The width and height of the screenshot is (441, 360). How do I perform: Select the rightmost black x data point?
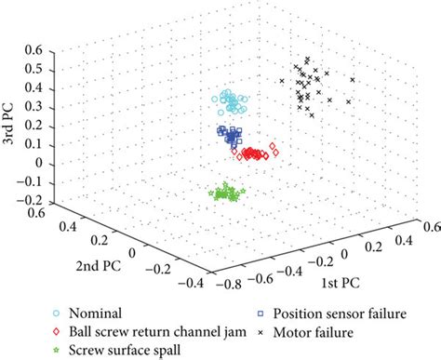pyautogui.click(x=351, y=101)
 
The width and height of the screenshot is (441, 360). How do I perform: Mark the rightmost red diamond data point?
pyautogui.click(x=274, y=147)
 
